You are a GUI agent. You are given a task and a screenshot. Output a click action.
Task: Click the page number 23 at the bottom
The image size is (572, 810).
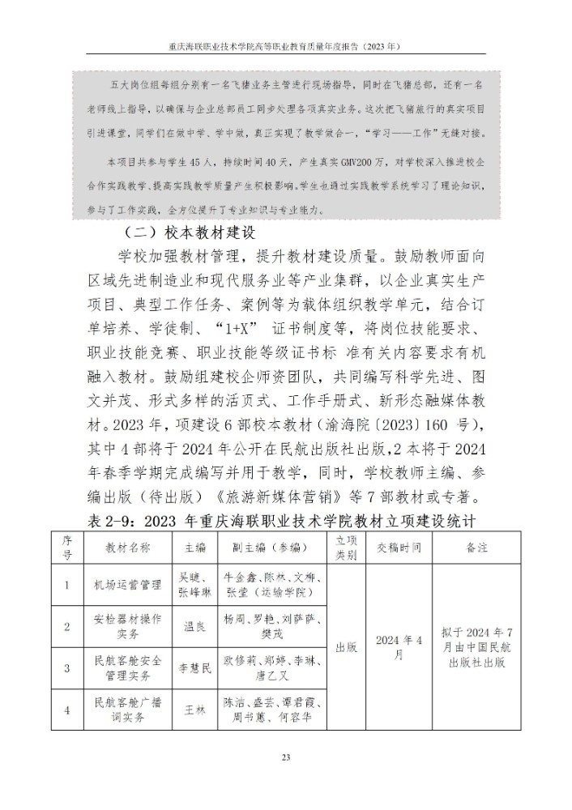click(285, 757)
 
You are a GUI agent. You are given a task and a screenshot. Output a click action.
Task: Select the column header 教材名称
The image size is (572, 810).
click(127, 547)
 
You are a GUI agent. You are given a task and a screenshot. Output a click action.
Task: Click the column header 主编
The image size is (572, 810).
click(194, 547)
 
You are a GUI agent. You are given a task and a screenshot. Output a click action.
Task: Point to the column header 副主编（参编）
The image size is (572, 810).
click(271, 547)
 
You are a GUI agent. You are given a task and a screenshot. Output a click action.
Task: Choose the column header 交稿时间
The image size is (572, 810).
click(399, 547)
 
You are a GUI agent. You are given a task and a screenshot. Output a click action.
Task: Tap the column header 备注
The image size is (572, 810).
click(476, 547)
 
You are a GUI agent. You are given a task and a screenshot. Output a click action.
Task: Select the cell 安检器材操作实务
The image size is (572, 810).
click(127, 625)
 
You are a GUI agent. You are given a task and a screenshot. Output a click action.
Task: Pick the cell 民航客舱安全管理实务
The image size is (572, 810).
click(127, 667)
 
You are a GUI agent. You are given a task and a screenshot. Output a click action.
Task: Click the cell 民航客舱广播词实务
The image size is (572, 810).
click(127, 710)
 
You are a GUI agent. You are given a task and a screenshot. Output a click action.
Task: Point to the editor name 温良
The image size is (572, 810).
click(194, 625)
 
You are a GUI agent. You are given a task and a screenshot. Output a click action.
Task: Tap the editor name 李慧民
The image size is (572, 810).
click(194, 667)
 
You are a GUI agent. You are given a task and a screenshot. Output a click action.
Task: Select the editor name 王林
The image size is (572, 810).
click(194, 710)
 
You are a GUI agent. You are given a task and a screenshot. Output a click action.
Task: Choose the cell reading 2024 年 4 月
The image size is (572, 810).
click(399, 646)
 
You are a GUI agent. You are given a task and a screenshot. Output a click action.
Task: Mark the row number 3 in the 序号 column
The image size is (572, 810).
click(67, 667)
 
